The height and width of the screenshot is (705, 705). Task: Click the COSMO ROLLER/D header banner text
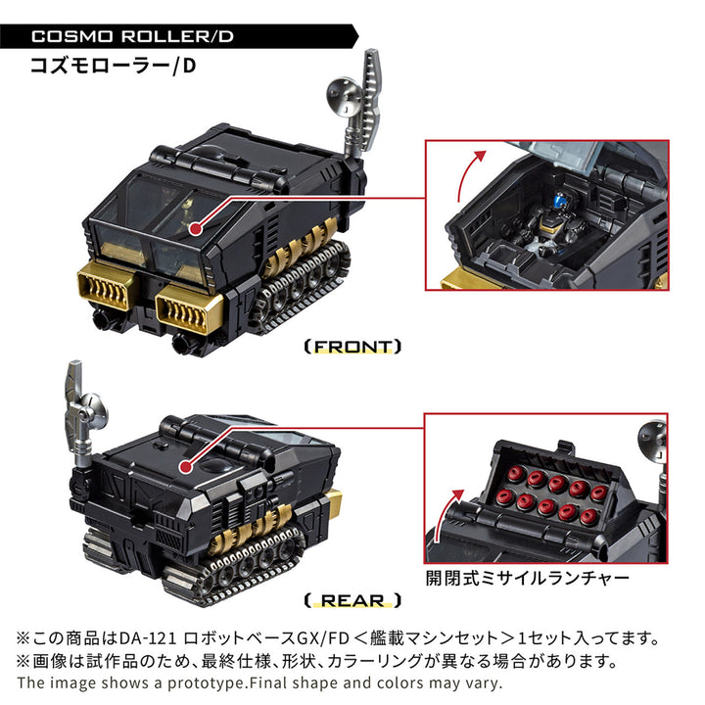[133, 38]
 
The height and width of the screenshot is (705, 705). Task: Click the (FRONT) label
[352, 346]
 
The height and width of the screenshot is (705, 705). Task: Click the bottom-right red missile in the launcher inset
[589, 516]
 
